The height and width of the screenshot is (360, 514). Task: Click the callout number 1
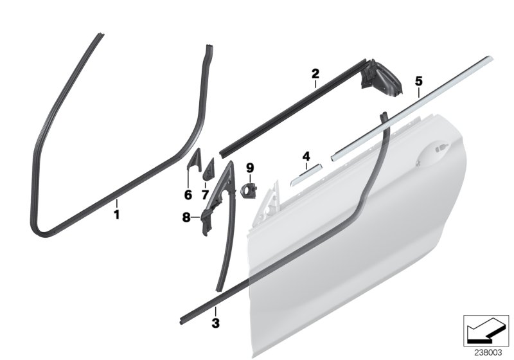116,215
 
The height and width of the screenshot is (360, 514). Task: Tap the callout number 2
315,73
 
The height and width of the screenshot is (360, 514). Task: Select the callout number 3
215,323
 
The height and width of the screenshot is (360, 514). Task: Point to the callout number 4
306,156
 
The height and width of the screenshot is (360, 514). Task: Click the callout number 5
419,81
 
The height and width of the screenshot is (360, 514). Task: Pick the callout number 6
188,195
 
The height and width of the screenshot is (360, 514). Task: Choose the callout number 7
205,195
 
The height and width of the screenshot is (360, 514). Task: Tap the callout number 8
186,217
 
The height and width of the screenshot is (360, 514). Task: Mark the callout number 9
250,168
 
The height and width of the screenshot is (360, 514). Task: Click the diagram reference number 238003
488,352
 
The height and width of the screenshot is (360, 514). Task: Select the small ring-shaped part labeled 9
249,191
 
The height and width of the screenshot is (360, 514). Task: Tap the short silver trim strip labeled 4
306,175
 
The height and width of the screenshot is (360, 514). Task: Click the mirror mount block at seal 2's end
381,78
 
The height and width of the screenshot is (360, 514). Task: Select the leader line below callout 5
419,93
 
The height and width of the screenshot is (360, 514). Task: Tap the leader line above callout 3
215,312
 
